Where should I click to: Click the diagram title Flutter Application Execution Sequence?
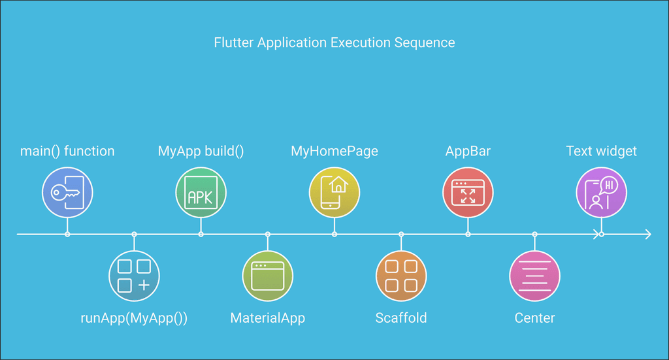tap(334, 43)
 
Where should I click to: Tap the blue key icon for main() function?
tap(67, 192)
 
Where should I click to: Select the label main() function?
tap(67, 152)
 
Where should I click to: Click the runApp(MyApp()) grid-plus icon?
tap(134, 276)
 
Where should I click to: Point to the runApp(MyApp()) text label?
tap(134, 318)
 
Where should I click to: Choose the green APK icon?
tap(201, 192)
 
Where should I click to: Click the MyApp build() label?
tap(201, 152)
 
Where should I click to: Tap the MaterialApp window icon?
tap(268, 276)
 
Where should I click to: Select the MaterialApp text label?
tap(268, 318)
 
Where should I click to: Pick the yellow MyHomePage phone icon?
tap(334, 192)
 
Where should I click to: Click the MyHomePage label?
tap(334, 152)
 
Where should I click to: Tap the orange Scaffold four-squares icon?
tap(401, 276)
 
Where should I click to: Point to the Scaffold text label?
tap(401, 318)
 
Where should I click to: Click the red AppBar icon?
tap(468, 192)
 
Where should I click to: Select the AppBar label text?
tap(468, 152)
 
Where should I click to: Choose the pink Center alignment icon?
tap(534, 276)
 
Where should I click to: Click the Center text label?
tap(534, 318)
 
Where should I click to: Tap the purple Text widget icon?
tap(601, 192)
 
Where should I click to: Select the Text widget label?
tap(601, 152)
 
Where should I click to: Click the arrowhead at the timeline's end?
tap(647, 234)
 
